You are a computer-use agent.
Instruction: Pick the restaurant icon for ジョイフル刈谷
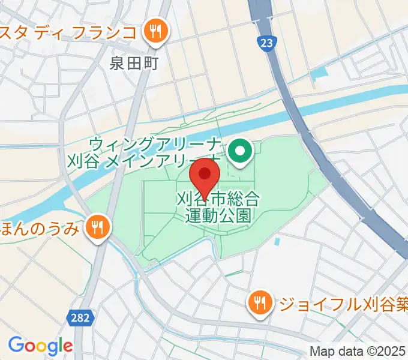260,302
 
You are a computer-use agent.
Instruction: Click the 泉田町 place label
134,62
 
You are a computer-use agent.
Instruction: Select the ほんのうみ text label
40,227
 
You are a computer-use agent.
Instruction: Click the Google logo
40,346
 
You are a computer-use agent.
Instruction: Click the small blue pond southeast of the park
277,242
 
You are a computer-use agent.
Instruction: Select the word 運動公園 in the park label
218,215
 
